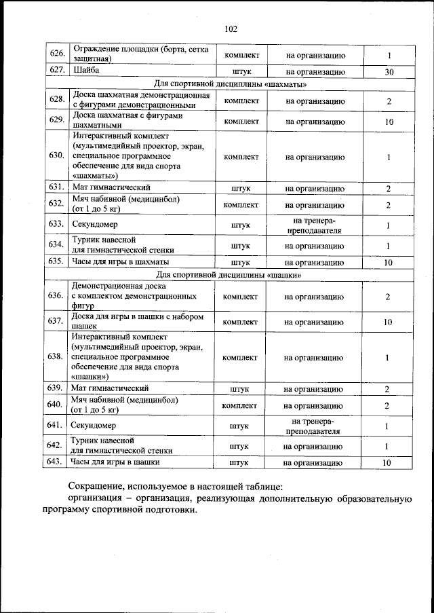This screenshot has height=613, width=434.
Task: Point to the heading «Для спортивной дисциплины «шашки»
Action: [229, 275]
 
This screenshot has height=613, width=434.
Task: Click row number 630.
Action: [56, 157]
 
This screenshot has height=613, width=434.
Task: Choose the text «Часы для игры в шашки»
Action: [116, 463]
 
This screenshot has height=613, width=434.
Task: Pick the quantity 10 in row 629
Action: [389, 122]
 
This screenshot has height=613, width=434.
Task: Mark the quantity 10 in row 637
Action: [387, 322]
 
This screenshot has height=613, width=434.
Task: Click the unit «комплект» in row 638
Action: [240, 357]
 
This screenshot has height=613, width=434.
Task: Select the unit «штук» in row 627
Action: [241, 71]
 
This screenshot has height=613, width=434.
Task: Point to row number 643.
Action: [56, 463]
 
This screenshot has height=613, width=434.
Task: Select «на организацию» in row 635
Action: [314, 261]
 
